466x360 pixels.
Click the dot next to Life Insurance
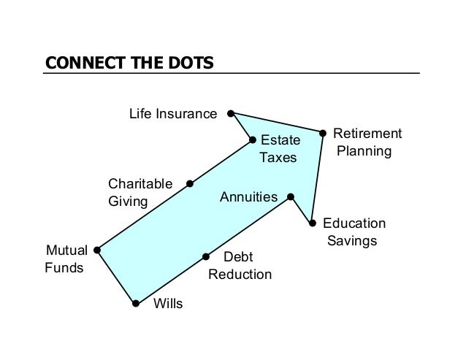point(230,114)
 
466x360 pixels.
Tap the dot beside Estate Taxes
point(252,139)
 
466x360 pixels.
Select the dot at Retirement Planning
point(323,133)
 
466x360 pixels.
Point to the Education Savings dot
point(312,223)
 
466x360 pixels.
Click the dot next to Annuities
point(290,196)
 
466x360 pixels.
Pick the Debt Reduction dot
point(206,256)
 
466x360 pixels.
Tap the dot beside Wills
point(136,303)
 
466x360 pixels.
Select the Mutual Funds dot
point(97,250)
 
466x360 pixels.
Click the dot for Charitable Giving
point(190,183)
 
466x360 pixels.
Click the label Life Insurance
point(173,114)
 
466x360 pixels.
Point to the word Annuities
point(248,197)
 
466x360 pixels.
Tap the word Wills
point(168,304)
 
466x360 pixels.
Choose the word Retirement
point(367,134)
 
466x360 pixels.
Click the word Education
point(354,223)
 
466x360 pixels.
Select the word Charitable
point(140,183)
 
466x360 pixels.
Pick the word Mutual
point(66,250)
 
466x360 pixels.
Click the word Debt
point(237,257)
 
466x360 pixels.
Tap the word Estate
point(275,139)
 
